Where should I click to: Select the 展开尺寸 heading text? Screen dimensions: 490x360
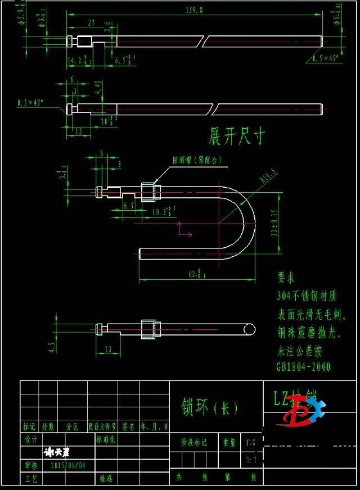click(236, 135)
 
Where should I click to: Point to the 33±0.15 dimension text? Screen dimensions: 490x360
click(275, 224)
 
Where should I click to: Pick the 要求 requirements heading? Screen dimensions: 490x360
click(286, 278)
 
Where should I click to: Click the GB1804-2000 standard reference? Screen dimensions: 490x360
click(303, 367)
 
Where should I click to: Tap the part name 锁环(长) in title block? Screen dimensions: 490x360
click(209, 407)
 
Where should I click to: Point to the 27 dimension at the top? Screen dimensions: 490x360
click(91, 24)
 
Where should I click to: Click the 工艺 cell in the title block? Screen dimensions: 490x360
click(30, 479)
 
